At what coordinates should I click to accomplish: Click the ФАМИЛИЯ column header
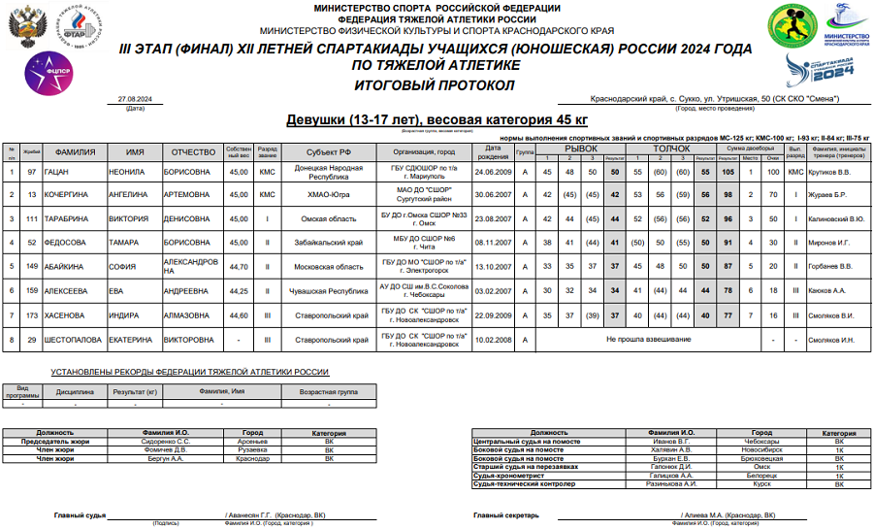[74, 152]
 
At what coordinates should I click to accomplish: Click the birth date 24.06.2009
[493, 172]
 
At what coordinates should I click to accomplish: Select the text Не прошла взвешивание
[648, 340]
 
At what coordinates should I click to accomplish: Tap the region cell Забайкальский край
[330, 242]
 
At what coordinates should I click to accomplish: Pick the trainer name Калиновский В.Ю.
[836, 219]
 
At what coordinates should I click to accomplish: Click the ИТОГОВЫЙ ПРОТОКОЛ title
[436, 84]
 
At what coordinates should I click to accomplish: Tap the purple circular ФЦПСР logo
[45, 74]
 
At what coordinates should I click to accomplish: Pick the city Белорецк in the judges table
[762, 475]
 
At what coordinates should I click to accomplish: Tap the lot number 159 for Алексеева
[32, 289]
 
